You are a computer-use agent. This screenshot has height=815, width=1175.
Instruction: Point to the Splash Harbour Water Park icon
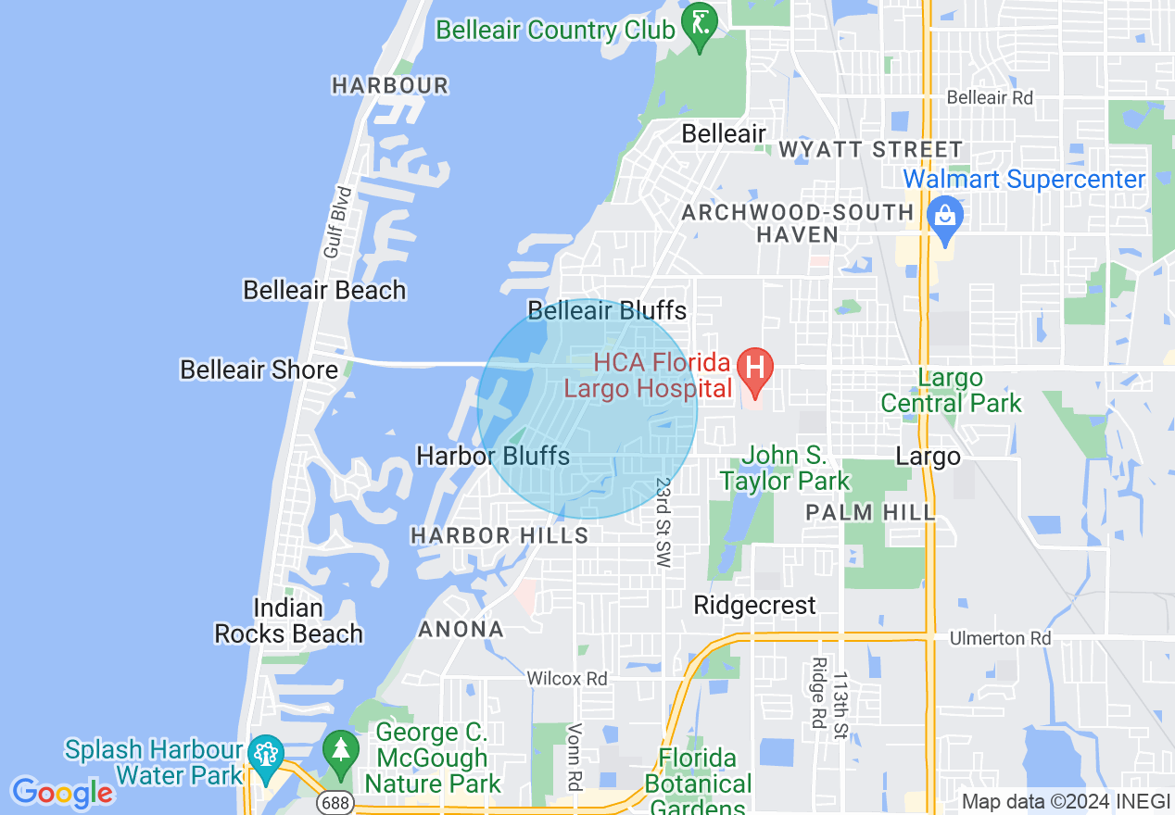pos(265,751)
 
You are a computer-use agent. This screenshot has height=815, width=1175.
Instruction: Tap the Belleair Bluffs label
pos(607,309)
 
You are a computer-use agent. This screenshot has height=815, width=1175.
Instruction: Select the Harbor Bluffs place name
pos(493,456)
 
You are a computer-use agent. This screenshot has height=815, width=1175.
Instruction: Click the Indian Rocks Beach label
pos(289,621)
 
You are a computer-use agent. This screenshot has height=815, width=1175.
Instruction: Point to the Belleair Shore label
pos(259,370)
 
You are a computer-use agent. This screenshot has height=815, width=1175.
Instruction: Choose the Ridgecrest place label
pos(755,605)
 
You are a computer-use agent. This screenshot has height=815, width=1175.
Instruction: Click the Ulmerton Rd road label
pos(1000,639)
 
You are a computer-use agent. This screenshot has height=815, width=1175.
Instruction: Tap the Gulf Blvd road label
pos(338,222)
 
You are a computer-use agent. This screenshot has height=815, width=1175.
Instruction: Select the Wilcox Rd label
pos(567,679)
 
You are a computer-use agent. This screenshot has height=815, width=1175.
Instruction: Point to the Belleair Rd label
pos(990,97)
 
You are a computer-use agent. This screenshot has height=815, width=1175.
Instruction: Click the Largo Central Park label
pos(951,390)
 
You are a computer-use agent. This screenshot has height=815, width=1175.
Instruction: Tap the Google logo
pos(62,793)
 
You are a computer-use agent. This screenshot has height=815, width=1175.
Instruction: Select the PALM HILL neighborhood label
pos(870,512)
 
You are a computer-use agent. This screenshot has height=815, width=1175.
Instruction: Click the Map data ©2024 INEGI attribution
pos(1066,802)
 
